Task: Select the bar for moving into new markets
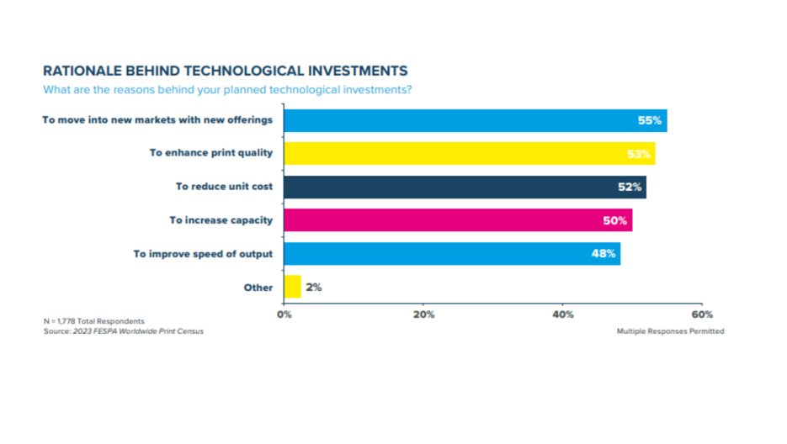point(475,120)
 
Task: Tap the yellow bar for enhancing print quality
point(469,153)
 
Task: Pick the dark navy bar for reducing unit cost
point(465,187)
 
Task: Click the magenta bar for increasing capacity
point(457,220)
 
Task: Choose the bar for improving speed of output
point(451,253)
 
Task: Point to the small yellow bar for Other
point(292,287)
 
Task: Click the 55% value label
point(650,120)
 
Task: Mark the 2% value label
point(313,287)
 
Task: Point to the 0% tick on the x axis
point(284,314)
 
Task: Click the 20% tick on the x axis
point(423,314)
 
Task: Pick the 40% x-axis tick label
point(563,314)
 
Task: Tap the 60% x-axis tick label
point(702,314)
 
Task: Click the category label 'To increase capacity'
point(221,220)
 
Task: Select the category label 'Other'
point(258,288)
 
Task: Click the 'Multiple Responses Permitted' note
point(670,331)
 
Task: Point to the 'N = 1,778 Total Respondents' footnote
point(94,321)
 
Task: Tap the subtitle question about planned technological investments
point(227,89)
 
